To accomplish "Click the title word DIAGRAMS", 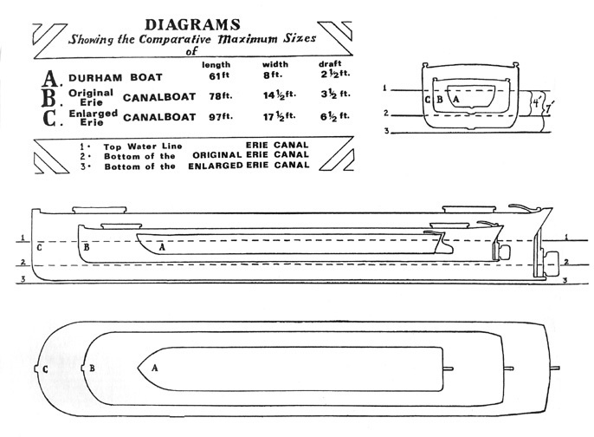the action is pos(192,25).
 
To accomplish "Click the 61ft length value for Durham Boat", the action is pos(219,76).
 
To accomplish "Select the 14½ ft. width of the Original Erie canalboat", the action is pos(280,95).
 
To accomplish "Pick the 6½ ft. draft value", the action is pos(335,116).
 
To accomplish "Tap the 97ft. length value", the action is pos(221,116).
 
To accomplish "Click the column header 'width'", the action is pos(275,64).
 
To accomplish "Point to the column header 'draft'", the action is pos(330,64).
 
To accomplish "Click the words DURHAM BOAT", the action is pos(115,78).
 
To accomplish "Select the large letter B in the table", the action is pos(49,98).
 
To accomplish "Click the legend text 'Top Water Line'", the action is pos(143,147).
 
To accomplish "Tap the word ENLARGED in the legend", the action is pos(215,166).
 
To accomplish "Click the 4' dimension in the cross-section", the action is pos(537,103).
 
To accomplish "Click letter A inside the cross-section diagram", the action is pos(456,100).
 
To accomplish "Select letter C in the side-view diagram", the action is pos(40,248).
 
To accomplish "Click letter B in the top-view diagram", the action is pos(92,368).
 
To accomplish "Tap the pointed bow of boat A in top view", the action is pos(138,368).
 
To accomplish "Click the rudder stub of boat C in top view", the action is pos(555,368).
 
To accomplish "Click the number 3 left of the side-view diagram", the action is pos(23,279).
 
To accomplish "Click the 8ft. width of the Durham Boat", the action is pos(273,75).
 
